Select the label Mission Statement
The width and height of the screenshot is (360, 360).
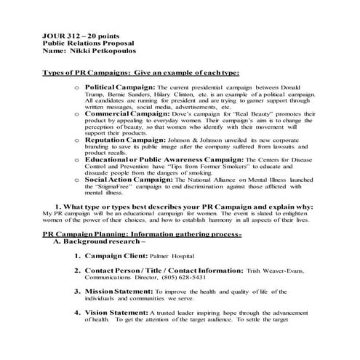coord(124,291)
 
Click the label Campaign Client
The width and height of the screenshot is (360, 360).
coord(116,257)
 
